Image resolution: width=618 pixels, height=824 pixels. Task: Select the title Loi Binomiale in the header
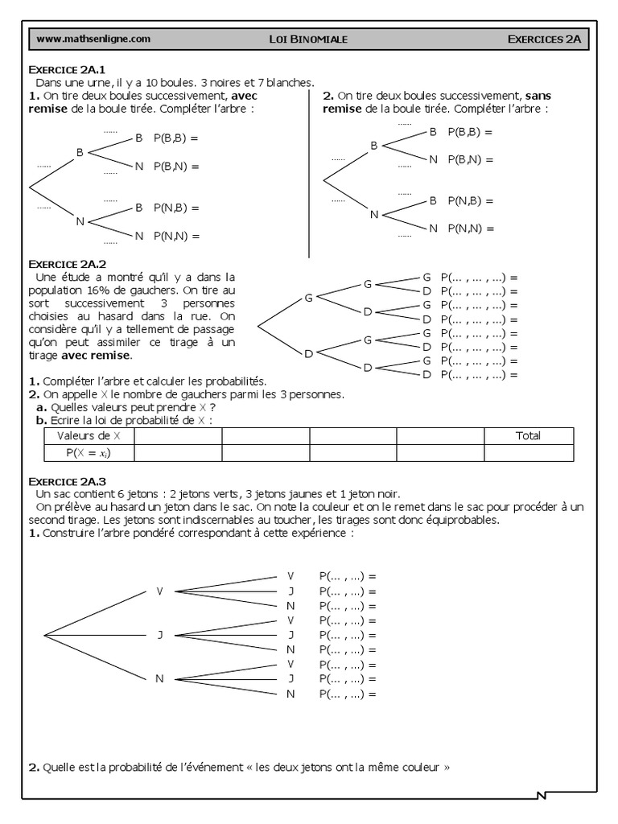(308, 38)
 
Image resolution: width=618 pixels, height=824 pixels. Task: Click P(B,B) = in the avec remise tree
(175, 138)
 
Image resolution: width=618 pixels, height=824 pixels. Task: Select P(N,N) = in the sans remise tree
(471, 229)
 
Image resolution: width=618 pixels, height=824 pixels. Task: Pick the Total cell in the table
(528, 435)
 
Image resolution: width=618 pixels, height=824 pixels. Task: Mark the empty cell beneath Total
(528, 453)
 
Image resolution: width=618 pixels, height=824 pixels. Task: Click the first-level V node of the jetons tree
(159, 591)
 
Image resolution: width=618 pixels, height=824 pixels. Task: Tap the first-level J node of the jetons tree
(159, 635)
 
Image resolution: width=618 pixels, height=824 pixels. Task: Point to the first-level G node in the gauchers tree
(307, 299)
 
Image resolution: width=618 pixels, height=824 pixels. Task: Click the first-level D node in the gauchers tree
(307, 352)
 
